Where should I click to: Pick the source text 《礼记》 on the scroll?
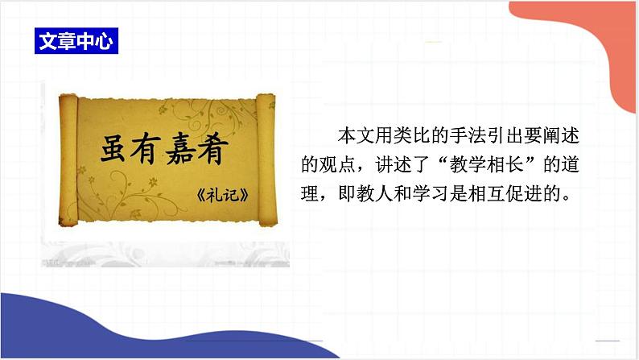click(x=219, y=196)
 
